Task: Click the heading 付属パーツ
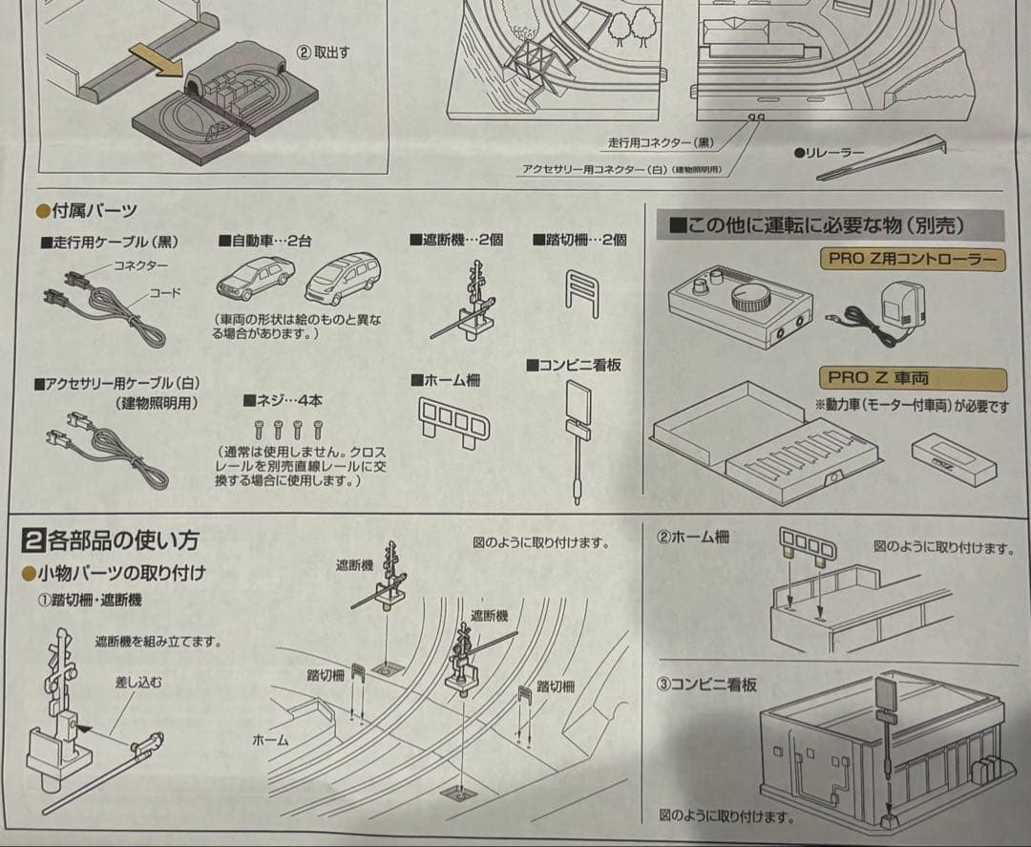pyautogui.click(x=93, y=210)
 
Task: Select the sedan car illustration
pyautogui.click(x=255, y=278)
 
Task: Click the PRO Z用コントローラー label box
pyautogui.click(x=911, y=259)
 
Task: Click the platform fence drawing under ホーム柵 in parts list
pyautogui.click(x=453, y=420)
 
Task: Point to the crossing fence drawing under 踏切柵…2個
pyautogui.click(x=581, y=291)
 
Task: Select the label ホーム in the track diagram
pyautogui.click(x=270, y=739)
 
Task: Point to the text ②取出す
pyautogui.click(x=324, y=53)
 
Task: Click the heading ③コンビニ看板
pyautogui.click(x=706, y=685)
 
